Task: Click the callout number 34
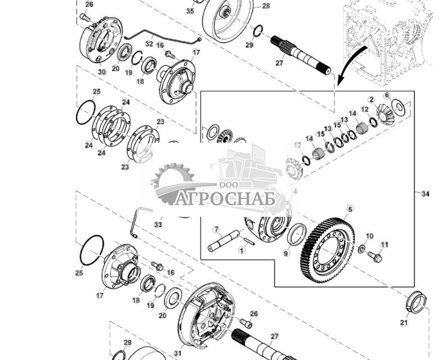pos(425,194)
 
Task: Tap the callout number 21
pos(404,322)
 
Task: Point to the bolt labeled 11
pos(374,257)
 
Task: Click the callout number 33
pos(158,225)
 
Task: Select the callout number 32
pos(149,43)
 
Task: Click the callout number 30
pos(102,72)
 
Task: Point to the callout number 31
pos(178,353)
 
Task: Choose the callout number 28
pos(266,6)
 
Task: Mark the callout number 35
pos(190,11)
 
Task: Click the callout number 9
pos(286,253)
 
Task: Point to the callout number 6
pos(387,95)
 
